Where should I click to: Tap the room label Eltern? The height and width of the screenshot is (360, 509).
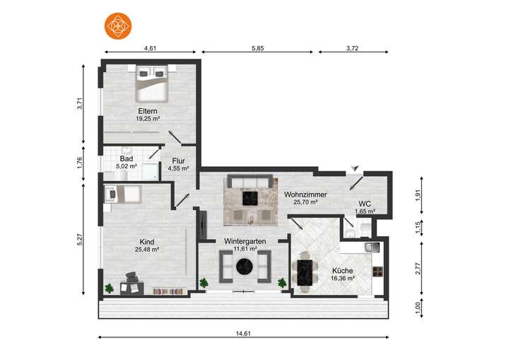click(148, 111)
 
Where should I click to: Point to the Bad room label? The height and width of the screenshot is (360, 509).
click(126, 159)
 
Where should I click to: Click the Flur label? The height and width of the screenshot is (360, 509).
click(178, 161)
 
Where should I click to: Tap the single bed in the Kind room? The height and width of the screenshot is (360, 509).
click(123, 194)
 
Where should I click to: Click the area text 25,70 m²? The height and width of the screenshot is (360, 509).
click(305, 202)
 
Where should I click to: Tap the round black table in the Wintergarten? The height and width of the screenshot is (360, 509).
click(245, 267)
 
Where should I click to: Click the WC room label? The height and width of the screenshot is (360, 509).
click(365, 204)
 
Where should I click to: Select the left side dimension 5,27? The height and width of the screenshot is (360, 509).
click(80, 240)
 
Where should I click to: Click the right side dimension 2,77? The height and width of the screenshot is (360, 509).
click(419, 267)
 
